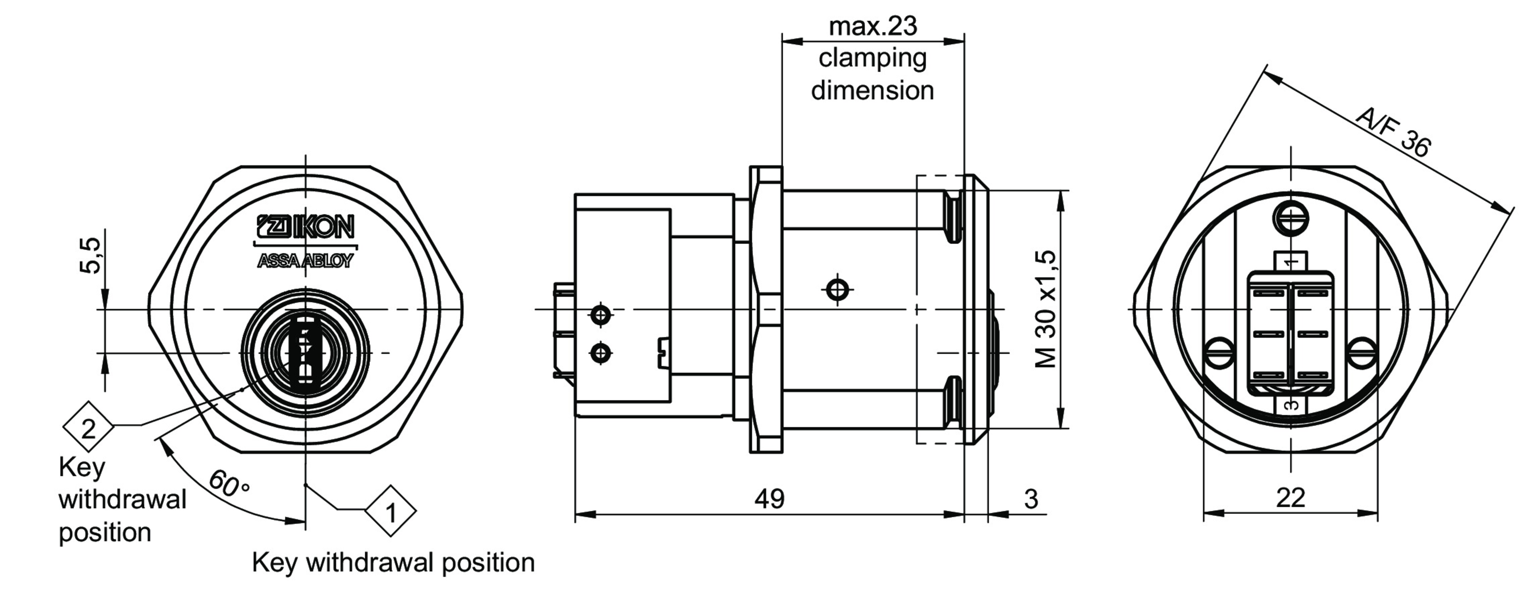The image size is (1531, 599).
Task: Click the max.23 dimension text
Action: pyautogui.click(x=872, y=26)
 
